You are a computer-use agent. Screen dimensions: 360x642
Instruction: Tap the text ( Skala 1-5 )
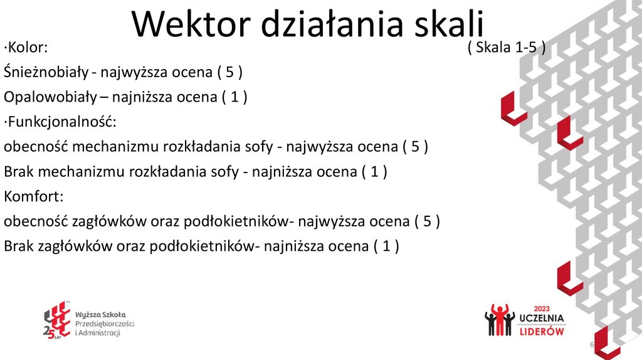[507, 48]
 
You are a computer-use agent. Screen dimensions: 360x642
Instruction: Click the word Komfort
[33, 196]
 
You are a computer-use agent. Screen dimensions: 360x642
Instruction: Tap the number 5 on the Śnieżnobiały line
[230, 73]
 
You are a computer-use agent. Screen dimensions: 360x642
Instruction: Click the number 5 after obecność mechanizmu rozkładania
[416, 147]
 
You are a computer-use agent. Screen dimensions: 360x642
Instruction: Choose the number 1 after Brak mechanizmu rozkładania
[374, 172]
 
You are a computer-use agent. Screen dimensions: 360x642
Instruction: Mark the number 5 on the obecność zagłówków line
[427, 221]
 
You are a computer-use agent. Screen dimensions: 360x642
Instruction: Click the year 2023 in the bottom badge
[542, 309]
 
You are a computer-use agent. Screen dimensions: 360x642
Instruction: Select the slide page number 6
[591, 347]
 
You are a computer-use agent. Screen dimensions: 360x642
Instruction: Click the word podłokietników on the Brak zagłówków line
[203, 246]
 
